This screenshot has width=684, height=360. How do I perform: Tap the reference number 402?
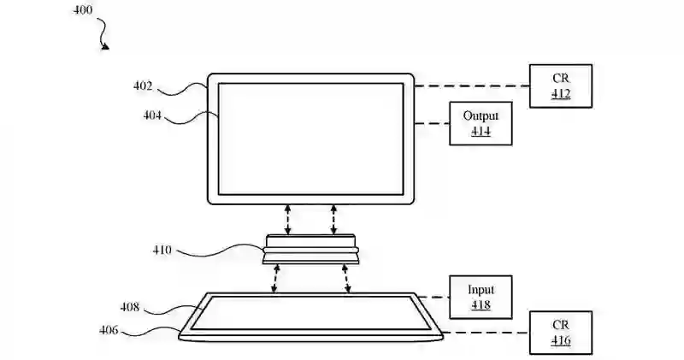tap(143, 86)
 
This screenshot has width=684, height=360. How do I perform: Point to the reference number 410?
tap(162, 251)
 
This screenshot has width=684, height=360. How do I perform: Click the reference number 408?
tap(130, 305)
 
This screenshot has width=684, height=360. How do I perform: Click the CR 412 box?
tap(560, 86)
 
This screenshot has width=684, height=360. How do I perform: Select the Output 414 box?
tap(481, 124)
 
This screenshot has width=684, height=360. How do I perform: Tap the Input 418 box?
tap(481, 297)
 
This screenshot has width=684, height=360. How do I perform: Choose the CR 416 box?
tap(560, 333)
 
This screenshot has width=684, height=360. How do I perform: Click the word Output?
tap(481, 116)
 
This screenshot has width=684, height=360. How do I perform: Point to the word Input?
tap(481, 289)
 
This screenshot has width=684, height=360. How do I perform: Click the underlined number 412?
tap(560, 94)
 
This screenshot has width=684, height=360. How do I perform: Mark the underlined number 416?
tap(560, 341)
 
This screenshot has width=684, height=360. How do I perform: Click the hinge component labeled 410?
tap(310, 249)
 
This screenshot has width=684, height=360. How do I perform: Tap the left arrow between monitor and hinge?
tap(288, 219)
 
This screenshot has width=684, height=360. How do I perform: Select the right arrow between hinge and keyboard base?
tap(347, 279)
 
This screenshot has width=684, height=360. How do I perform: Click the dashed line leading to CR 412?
tap(471, 86)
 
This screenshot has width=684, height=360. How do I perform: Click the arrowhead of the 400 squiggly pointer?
tap(106, 46)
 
